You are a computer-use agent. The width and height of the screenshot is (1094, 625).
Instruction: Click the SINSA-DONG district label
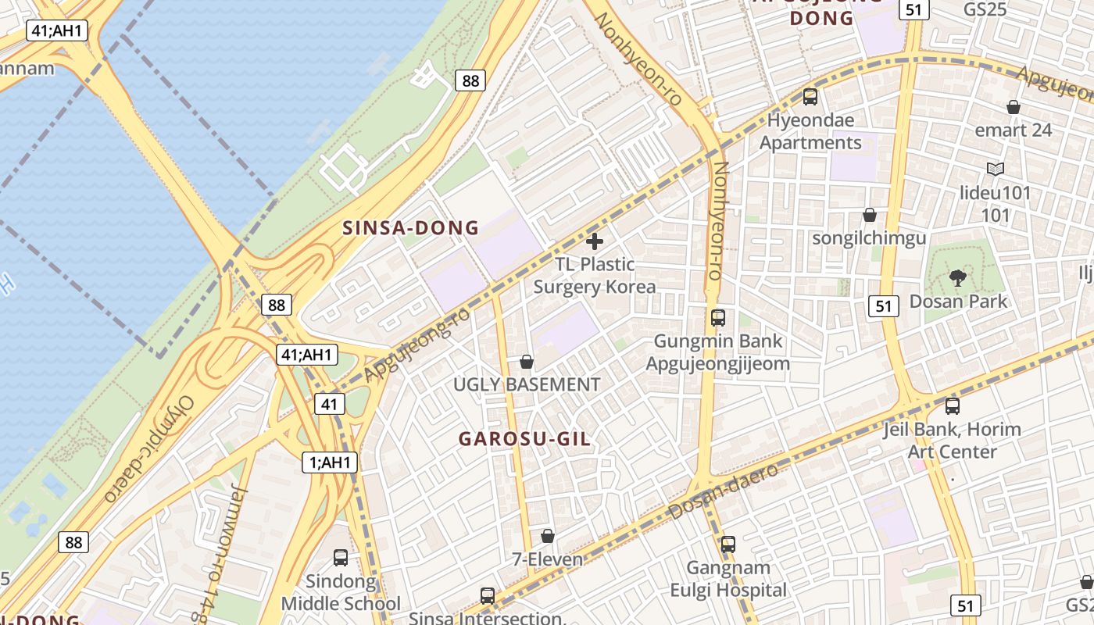pyautogui.click(x=410, y=228)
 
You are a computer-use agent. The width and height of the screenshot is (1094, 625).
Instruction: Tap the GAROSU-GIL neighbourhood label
pyautogui.click(x=524, y=439)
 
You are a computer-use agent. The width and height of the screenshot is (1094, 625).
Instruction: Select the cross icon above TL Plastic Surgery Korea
pyautogui.click(x=595, y=241)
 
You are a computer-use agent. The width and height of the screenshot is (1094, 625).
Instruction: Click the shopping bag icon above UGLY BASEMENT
pyautogui.click(x=527, y=362)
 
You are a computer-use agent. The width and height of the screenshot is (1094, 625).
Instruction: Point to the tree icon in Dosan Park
pyautogui.click(x=957, y=277)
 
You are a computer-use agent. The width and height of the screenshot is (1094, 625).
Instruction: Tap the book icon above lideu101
pyautogui.click(x=995, y=169)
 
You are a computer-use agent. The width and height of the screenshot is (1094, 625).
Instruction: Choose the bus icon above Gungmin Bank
pyautogui.click(x=718, y=317)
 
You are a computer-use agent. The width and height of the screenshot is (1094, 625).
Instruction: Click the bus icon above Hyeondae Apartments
pyautogui.click(x=810, y=97)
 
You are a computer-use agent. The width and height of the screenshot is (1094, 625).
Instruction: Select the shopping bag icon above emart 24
pyautogui.click(x=1014, y=107)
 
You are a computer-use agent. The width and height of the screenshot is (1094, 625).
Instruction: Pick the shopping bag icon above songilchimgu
pyautogui.click(x=869, y=215)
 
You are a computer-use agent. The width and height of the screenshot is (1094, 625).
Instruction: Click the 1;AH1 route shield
pyautogui.click(x=330, y=462)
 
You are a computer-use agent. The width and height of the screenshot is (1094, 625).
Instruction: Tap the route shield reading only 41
pyautogui.click(x=330, y=404)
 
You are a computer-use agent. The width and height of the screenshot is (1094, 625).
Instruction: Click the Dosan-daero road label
pyautogui.click(x=724, y=490)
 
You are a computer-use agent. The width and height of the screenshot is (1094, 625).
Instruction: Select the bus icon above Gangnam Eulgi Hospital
pyautogui.click(x=728, y=544)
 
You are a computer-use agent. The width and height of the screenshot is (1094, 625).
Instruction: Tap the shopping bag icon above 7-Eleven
pyautogui.click(x=548, y=536)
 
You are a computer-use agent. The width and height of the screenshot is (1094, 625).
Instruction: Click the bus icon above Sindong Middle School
pyautogui.click(x=341, y=558)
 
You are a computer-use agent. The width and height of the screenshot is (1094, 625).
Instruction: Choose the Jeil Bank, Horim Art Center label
pyautogui.click(x=952, y=440)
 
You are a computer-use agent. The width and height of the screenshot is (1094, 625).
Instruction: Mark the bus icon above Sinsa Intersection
pyautogui.click(x=488, y=595)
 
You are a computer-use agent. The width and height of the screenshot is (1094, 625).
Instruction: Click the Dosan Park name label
pyautogui.click(x=958, y=302)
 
